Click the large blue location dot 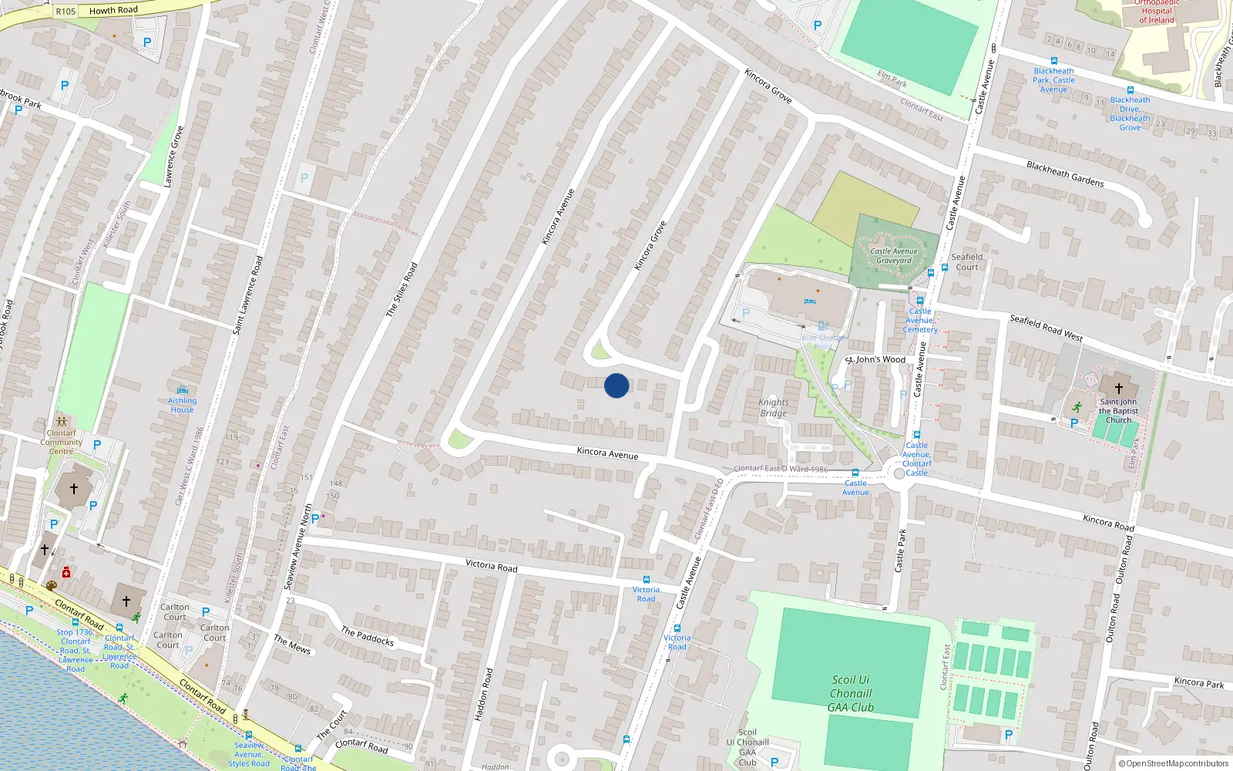click(x=616, y=385)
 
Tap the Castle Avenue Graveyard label click(x=894, y=256)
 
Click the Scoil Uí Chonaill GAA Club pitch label click(x=851, y=693)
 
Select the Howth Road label click(x=113, y=10)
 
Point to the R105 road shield click(x=66, y=12)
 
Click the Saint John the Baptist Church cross click(x=1119, y=388)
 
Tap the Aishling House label click(x=182, y=405)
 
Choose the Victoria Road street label click(x=491, y=565)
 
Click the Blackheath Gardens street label click(x=1064, y=173)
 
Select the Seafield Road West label click(x=1046, y=328)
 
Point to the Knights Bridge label click(x=774, y=407)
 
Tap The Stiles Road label click(x=401, y=289)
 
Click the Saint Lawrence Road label click(x=248, y=295)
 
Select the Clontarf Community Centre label click(x=61, y=442)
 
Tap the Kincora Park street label click(x=1198, y=682)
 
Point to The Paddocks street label click(x=367, y=636)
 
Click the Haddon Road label click(x=483, y=694)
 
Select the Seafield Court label click(x=966, y=262)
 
